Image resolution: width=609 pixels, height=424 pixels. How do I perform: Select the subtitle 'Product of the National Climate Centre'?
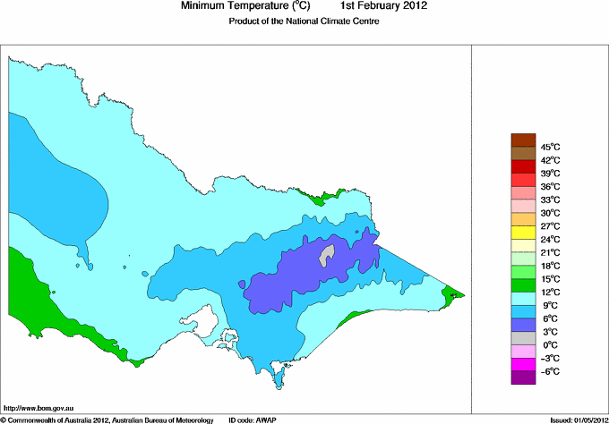coord(304,21)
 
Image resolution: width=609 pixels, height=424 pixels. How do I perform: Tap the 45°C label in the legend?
coord(550,147)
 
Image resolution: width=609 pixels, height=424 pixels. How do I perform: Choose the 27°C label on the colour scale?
coord(550,225)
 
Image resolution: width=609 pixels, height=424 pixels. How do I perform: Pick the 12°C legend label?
coord(550,292)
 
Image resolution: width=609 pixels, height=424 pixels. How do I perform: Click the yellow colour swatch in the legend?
coord(522,232)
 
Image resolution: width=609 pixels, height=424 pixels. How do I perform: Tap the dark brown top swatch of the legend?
coord(522,140)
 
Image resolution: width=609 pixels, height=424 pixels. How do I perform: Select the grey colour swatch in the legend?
coord(522,337)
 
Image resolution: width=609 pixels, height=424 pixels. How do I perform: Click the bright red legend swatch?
coord(522,165)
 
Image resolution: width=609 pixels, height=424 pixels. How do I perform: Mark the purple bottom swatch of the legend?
coord(522,377)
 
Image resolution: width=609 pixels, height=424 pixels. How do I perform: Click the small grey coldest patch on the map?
coord(329,254)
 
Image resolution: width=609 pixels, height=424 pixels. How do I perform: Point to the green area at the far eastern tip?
coord(455,292)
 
